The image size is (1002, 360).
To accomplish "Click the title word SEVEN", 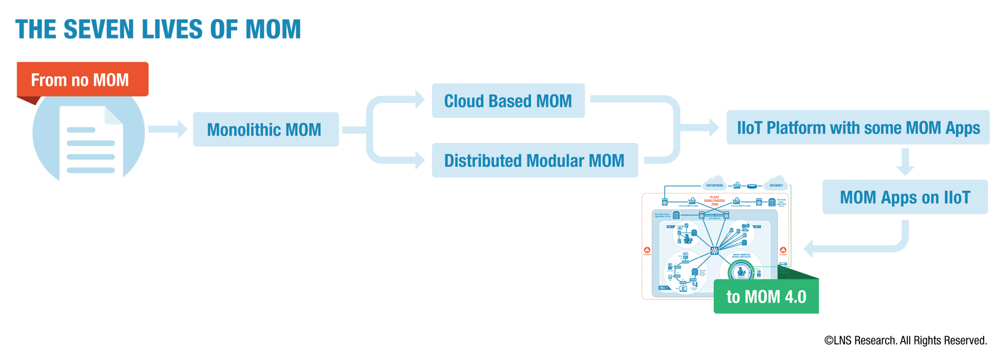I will [99, 29].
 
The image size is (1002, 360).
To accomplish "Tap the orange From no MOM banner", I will [82, 80].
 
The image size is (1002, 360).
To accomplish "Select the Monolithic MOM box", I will [266, 130].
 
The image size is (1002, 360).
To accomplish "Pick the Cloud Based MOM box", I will [508, 101].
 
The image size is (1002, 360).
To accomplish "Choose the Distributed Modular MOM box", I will [534, 161].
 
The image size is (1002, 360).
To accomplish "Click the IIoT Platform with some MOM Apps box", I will [858, 128].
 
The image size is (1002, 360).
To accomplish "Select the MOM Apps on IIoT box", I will [905, 198].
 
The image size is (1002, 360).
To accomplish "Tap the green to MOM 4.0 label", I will [766, 297].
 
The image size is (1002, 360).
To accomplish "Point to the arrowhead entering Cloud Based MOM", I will [420, 100].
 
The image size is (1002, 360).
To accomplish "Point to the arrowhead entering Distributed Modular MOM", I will [420, 160].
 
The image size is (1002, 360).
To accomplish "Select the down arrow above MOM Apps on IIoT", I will [905, 162].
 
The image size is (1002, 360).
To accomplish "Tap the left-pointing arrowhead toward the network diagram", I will [809, 248].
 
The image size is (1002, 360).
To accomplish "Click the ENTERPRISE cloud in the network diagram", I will [715, 183].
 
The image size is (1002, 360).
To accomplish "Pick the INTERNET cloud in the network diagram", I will [776, 183].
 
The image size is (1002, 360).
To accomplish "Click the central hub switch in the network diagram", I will [715, 250].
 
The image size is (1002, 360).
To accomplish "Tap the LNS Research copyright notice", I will [905, 341].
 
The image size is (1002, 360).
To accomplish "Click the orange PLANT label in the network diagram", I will [714, 198].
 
